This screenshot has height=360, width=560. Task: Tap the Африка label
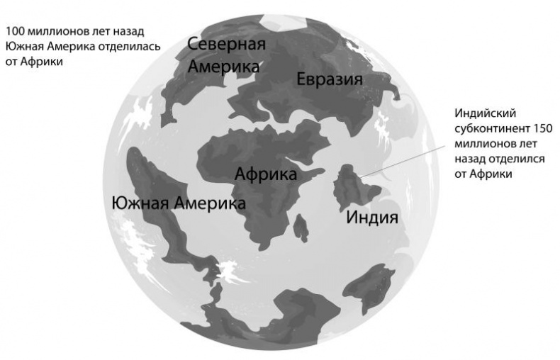pyautogui.click(x=265, y=174)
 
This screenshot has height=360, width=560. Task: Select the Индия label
pyautogui.click(x=372, y=217)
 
